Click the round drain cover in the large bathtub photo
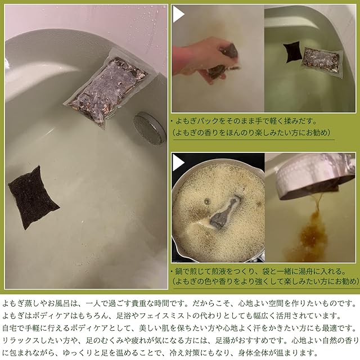pos(150,128)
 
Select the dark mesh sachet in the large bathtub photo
pos(34,197)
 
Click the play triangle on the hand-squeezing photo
pos(178,14)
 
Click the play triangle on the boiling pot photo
pos(178,163)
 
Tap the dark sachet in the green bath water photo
pos(292,52)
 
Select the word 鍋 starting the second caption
pos(179,272)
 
